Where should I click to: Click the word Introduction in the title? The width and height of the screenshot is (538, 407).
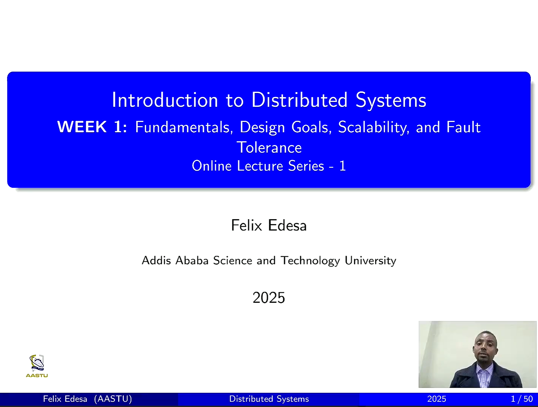tap(165, 100)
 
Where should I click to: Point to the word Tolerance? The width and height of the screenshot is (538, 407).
tap(269, 147)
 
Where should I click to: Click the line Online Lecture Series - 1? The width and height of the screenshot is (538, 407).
tap(269, 166)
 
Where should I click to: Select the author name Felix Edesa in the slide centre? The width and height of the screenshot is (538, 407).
tap(269, 225)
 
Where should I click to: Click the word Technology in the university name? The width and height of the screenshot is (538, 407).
tap(310, 261)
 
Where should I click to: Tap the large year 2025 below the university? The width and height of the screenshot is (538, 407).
tap(269, 298)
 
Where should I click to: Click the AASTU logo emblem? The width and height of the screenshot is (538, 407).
tap(37, 363)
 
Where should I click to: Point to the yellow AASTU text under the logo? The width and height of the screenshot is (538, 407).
tap(37, 375)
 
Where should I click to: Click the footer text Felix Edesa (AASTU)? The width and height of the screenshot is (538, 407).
tap(87, 399)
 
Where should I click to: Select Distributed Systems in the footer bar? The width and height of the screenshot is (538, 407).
tap(269, 399)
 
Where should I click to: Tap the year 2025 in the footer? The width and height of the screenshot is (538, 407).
tap(436, 399)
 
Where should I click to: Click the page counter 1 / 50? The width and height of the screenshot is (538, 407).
tap(522, 399)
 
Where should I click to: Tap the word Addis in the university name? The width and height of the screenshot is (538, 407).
tap(156, 261)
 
